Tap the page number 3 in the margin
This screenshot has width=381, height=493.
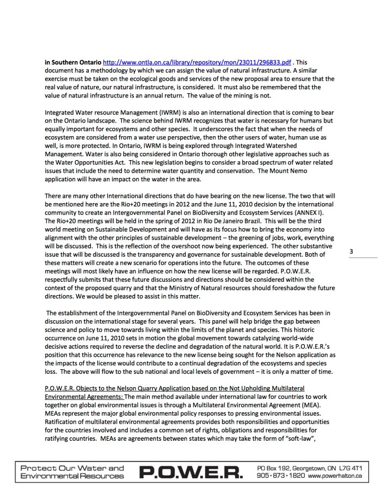(351, 251)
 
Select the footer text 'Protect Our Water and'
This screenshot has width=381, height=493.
(72, 468)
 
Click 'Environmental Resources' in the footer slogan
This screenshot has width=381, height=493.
(72, 476)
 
